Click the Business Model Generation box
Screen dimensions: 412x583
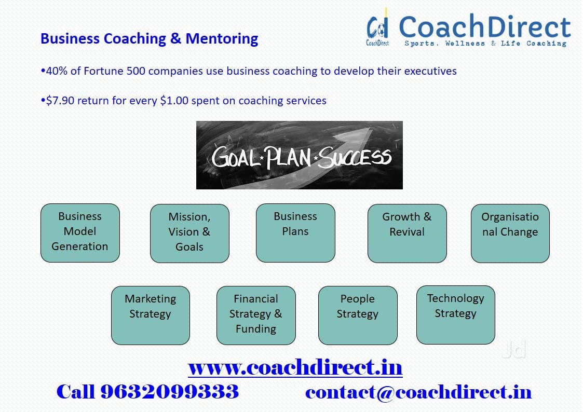(80, 232)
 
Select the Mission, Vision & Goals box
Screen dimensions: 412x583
(189, 233)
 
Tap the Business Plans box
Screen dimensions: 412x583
(295, 232)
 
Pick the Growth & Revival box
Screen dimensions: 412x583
(407, 233)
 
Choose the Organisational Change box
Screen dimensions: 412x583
(510, 233)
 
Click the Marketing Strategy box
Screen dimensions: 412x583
(151, 315)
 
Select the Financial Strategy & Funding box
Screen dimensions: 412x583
(256, 315)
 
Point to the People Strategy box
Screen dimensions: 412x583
(358, 315)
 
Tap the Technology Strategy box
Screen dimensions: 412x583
(455, 314)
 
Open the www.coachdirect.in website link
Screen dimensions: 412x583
(295, 368)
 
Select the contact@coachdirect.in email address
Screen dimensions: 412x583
(418, 392)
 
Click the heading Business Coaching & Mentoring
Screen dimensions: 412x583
(149, 39)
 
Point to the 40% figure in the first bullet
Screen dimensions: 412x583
(56, 71)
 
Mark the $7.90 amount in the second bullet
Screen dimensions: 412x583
(61, 101)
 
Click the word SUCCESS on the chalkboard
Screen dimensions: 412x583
(356, 157)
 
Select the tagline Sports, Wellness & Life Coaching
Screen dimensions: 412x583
(485, 44)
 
